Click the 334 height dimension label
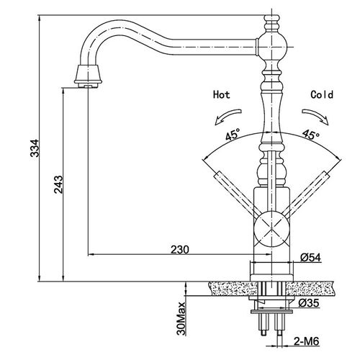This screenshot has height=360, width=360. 35,148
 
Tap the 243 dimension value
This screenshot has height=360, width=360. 58,184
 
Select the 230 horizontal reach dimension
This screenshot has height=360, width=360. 180,250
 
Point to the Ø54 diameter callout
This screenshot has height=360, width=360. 310,258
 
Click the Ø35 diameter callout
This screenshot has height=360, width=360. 309,303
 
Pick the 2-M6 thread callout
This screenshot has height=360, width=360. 307,341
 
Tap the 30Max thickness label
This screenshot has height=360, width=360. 181,318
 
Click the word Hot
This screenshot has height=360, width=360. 221,94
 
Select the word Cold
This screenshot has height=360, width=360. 322,94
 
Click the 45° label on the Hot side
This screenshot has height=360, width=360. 233,134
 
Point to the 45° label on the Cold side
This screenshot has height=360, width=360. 311,135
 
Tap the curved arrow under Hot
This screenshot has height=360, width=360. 228,116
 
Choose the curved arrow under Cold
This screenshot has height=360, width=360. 315,116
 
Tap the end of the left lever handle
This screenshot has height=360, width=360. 218,176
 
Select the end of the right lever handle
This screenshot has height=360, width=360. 325,176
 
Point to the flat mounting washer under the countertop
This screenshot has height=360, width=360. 271,312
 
